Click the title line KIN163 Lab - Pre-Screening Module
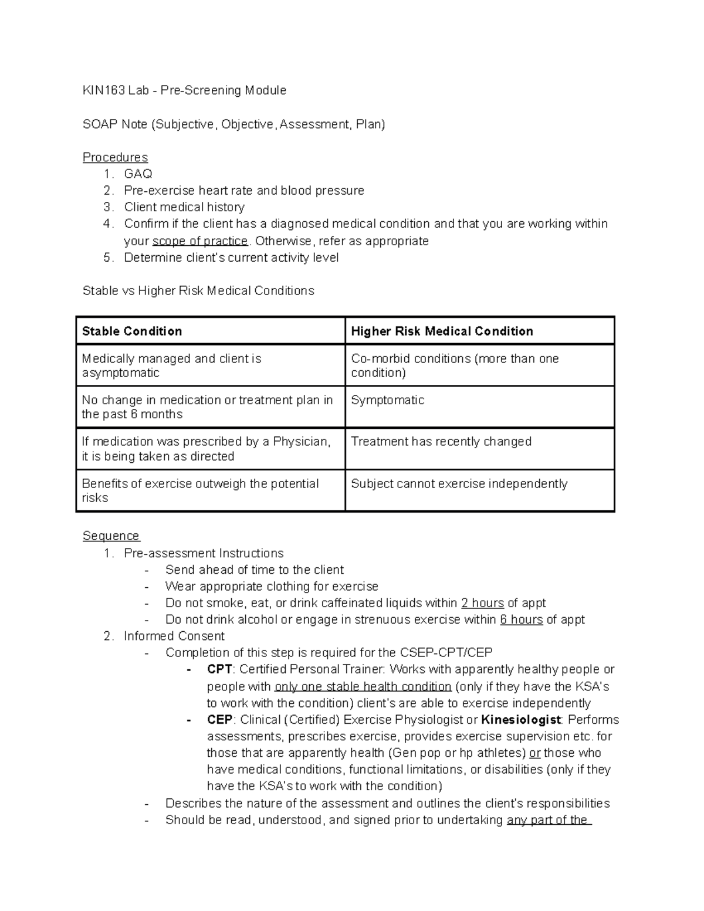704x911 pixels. coord(184,90)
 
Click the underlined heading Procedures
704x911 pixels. coord(115,157)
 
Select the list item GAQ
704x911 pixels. coord(138,174)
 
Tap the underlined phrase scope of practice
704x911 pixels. coord(200,241)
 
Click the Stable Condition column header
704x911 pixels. coord(132,331)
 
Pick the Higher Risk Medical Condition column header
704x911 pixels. coord(442,331)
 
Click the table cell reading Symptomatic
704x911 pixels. coord(387,400)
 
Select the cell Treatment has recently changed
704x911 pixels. coord(441,441)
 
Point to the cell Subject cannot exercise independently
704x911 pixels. coord(459,483)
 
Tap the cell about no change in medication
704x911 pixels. coord(207,407)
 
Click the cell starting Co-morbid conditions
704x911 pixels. coord(455,365)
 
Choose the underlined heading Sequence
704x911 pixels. coord(111,536)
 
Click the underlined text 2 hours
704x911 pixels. coord(482,603)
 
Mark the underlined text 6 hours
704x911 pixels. coord(521,619)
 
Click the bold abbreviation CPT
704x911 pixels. coord(219,669)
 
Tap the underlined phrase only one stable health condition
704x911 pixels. coord(363,686)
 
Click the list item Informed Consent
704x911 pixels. coord(174,636)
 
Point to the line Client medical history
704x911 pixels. coord(184,207)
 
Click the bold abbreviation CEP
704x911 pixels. coord(219,720)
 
